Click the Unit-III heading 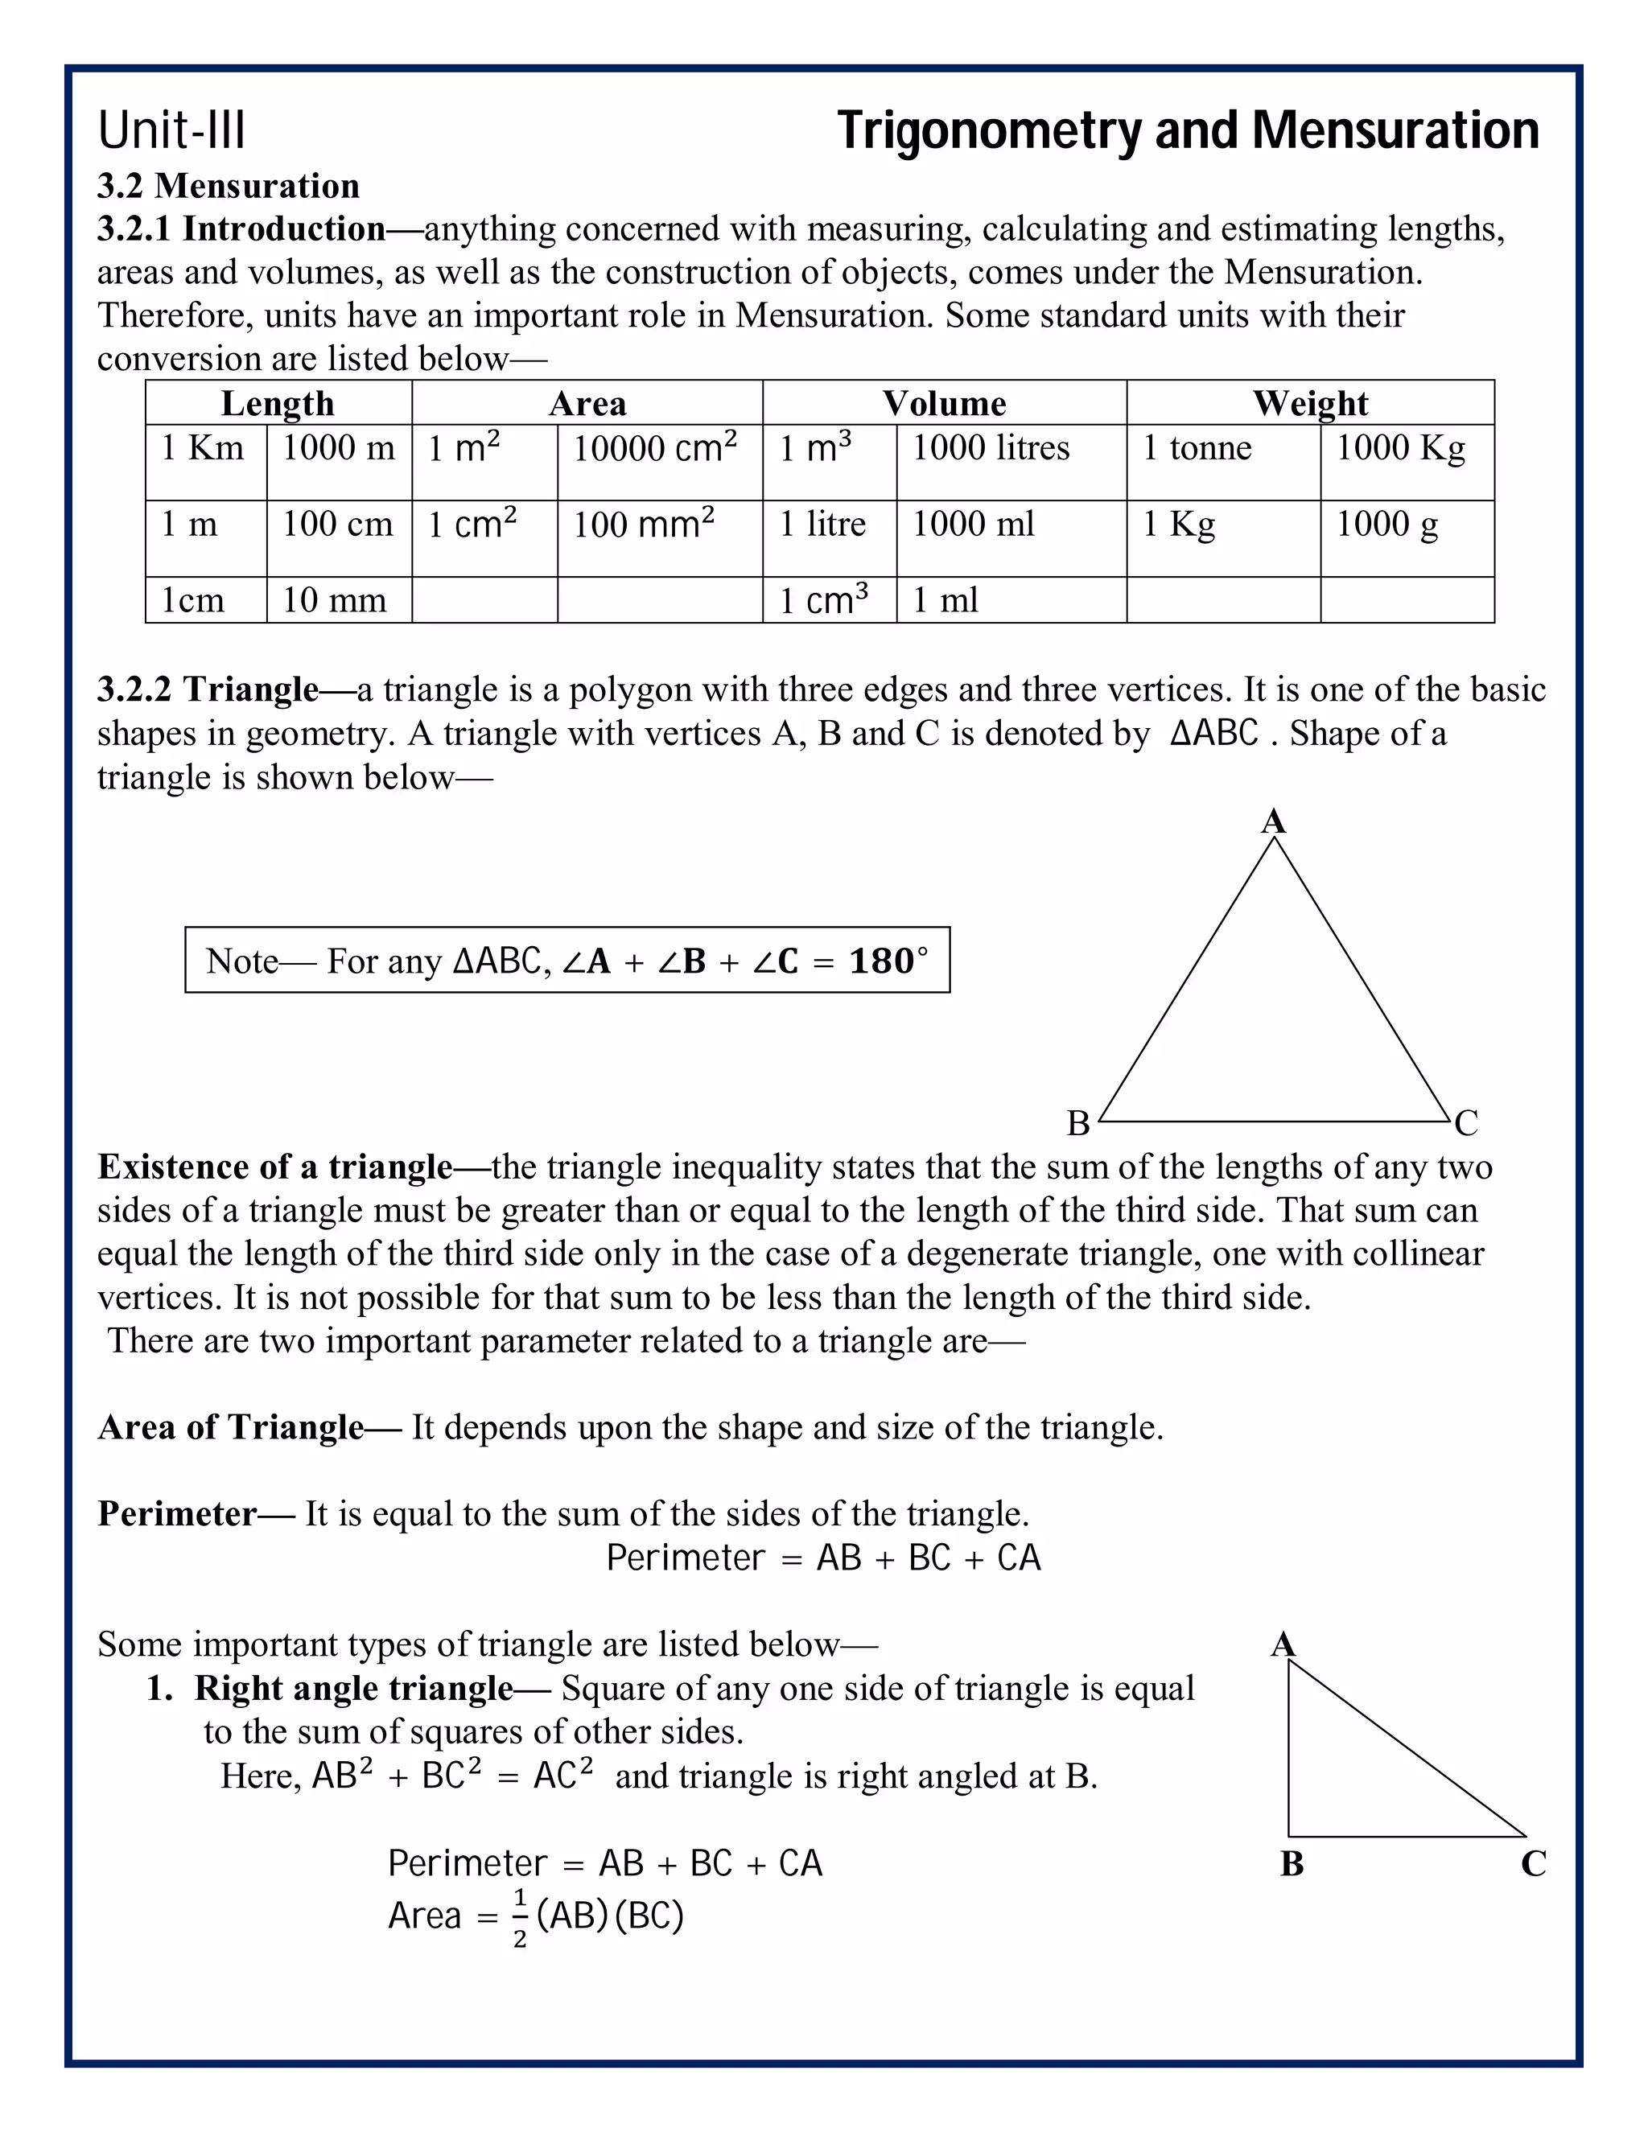coord(172,131)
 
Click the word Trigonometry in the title coord(987,131)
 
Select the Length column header coord(278,403)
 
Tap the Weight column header coord(1309,403)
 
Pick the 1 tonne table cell coord(1196,448)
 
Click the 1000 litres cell coord(990,448)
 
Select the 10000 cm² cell coord(654,448)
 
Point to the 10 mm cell coord(334,600)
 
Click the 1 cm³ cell coord(823,600)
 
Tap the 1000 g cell coord(1386,525)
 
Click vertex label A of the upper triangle coord(1273,822)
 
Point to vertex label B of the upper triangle coord(1077,1124)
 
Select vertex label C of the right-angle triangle coord(1533,1863)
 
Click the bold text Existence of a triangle coord(275,1167)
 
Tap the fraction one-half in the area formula coord(519,1917)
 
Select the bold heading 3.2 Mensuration coord(228,186)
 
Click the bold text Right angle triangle coord(353,1688)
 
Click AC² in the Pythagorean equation coord(562,1776)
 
